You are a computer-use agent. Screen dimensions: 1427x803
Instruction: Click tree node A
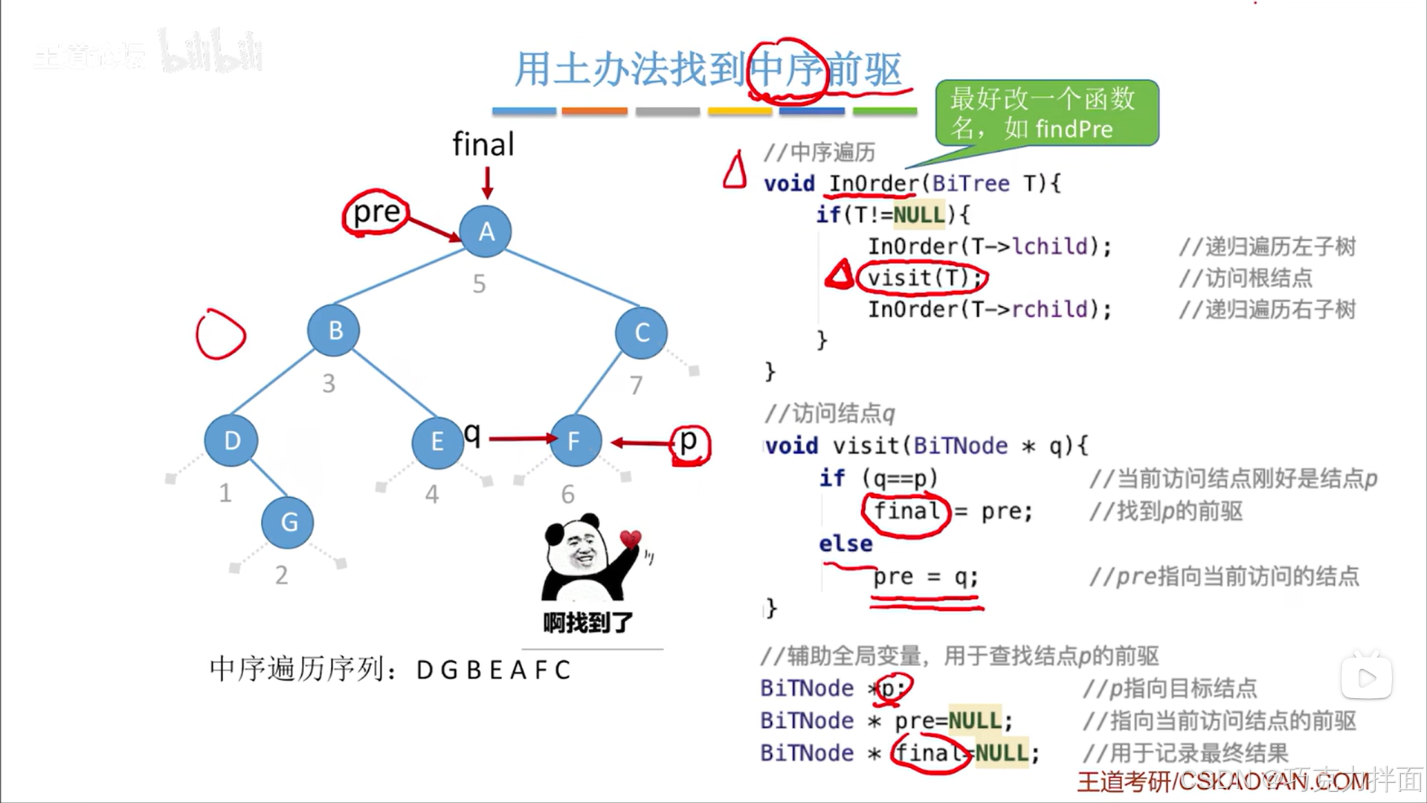[x=486, y=231]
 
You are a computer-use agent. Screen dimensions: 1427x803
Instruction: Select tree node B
[x=334, y=330]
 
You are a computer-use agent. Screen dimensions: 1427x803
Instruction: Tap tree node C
[x=641, y=333]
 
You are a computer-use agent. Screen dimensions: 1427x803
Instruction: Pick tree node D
[x=231, y=441]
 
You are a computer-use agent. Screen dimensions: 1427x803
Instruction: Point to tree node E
[x=437, y=442]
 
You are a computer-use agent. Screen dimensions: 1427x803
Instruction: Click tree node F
[x=574, y=441]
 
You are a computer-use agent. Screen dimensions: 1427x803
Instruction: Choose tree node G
[x=288, y=522]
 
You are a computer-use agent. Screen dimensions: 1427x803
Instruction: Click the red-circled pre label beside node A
[x=376, y=213]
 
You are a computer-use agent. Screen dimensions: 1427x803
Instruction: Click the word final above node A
[x=483, y=144]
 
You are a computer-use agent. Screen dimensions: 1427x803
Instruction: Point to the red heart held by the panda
[x=631, y=538]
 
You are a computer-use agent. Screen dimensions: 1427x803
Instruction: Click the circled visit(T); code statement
[x=922, y=278]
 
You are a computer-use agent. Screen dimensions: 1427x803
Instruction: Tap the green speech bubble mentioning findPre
[x=1046, y=113]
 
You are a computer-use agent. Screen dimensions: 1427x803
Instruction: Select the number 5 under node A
[x=480, y=284]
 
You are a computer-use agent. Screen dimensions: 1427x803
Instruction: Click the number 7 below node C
[x=636, y=385]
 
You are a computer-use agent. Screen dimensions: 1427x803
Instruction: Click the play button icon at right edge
[x=1366, y=677]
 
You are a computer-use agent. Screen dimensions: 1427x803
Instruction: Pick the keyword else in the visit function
[x=845, y=544]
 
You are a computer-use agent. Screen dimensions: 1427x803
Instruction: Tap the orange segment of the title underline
[x=594, y=111]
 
